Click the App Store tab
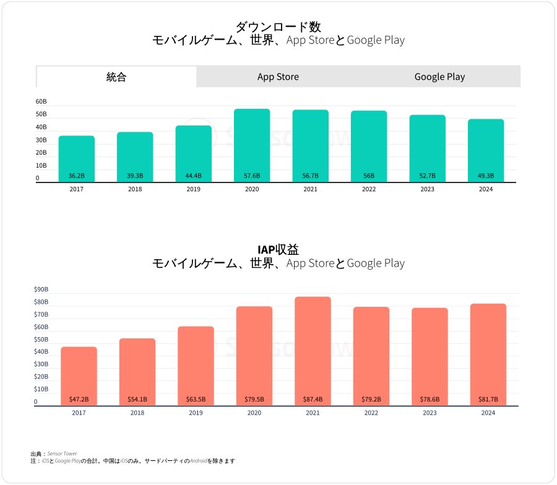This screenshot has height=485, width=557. click(x=278, y=77)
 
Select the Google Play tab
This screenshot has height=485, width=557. click(x=439, y=77)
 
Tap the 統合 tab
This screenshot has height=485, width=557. click(x=116, y=77)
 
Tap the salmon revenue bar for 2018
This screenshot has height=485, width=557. click(x=137, y=372)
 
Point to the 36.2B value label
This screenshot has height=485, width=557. click(x=77, y=176)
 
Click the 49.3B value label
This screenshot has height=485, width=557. click(x=486, y=176)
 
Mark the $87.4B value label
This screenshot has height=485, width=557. click(x=313, y=399)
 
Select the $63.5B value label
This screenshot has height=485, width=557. click(x=196, y=399)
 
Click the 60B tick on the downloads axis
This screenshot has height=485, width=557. click(x=41, y=101)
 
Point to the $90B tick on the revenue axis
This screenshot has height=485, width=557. click(x=41, y=290)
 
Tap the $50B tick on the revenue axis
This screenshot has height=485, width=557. click(x=41, y=340)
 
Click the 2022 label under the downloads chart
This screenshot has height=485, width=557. click(x=369, y=189)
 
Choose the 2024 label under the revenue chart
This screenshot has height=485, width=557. click(x=488, y=413)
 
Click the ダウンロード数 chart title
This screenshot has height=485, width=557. click(x=278, y=27)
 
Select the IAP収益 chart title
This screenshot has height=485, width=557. click(x=278, y=249)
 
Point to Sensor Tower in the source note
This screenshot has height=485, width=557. click(x=62, y=453)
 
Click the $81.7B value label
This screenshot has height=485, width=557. click(x=488, y=399)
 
